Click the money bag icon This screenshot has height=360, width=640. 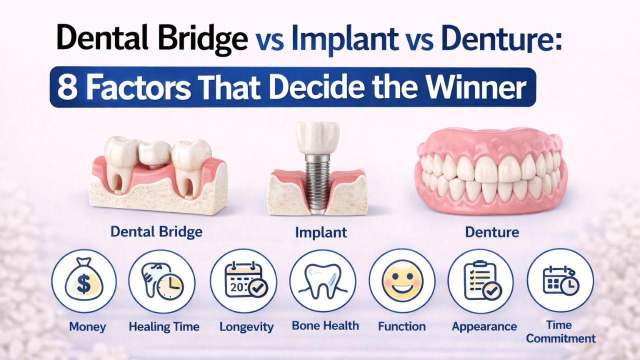tap(83, 281)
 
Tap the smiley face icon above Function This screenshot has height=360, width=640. tap(402, 281)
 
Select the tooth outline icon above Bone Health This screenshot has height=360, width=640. tap(323, 281)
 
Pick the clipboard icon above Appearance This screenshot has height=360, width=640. tap(480, 281)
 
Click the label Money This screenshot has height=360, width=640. tap(87, 327)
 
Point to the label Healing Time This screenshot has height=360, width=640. tap(164, 327)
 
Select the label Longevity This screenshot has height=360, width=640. tap(246, 327)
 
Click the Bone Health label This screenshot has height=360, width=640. tap(325, 326)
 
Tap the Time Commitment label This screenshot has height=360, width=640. tap(560, 331)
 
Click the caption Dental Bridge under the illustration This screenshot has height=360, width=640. tap(156, 232)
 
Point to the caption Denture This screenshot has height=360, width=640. tap(492, 232)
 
